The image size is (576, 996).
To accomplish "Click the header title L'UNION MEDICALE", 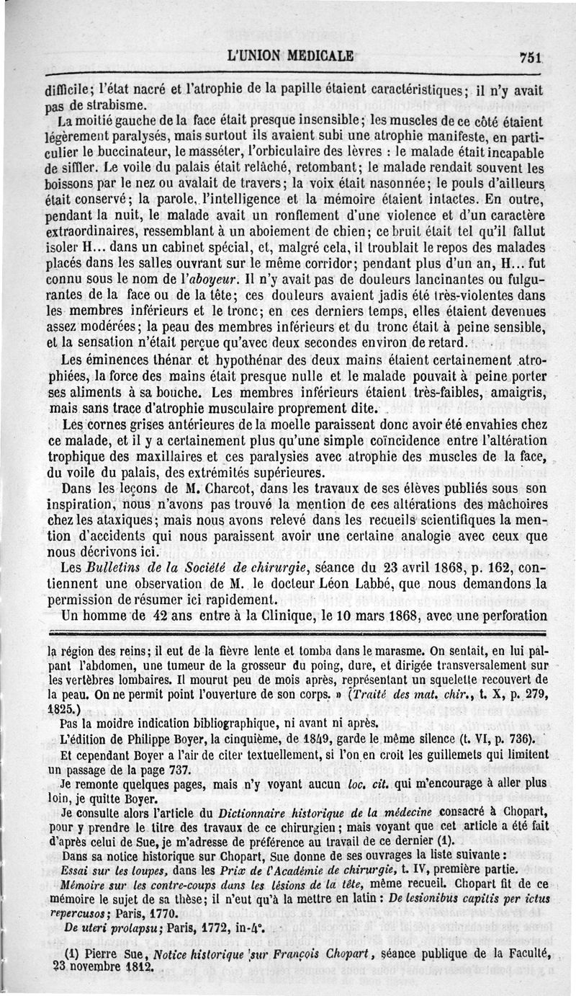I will pos(289,55).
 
